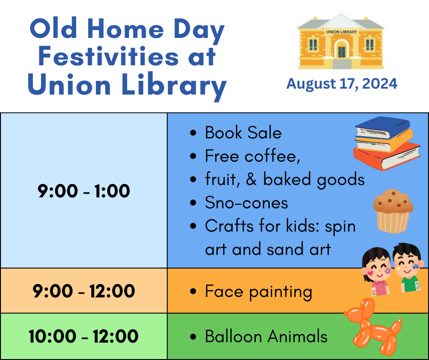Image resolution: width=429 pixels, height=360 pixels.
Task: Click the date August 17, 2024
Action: tap(342, 84)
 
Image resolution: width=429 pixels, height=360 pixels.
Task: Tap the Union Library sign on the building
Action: tap(341, 32)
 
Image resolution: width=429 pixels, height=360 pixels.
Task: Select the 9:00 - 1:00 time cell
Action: tap(84, 191)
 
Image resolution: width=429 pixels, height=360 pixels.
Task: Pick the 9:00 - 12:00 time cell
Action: tap(84, 291)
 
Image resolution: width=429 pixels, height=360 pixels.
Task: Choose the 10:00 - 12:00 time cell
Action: tap(84, 336)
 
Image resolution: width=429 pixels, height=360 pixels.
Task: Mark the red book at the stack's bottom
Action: tap(387, 156)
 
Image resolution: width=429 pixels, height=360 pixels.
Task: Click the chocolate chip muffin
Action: tap(393, 211)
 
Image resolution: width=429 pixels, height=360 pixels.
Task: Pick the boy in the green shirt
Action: tap(408, 267)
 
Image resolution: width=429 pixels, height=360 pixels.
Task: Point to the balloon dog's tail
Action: tap(397, 326)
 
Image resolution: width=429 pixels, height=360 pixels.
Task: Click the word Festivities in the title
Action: tap(108, 56)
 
